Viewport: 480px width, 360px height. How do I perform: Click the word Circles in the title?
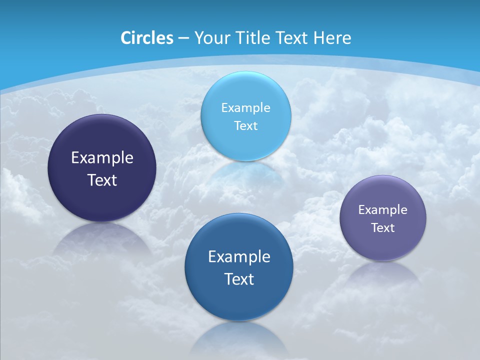pos(147,38)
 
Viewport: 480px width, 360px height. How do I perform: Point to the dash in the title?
pos(183,38)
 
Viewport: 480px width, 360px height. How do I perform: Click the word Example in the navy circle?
pos(102,158)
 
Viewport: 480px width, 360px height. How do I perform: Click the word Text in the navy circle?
pos(102,180)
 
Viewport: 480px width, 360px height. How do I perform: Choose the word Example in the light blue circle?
pos(246,107)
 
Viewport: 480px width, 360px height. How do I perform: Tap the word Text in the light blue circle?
pos(246,125)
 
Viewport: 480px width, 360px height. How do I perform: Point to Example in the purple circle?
pos(383,209)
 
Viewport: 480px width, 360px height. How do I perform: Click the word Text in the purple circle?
pos(383,228)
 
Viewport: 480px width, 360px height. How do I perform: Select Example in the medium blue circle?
pos(239,257)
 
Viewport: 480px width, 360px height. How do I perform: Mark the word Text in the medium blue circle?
pos(239,279)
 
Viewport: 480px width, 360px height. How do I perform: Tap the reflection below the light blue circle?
pos(246,172)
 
